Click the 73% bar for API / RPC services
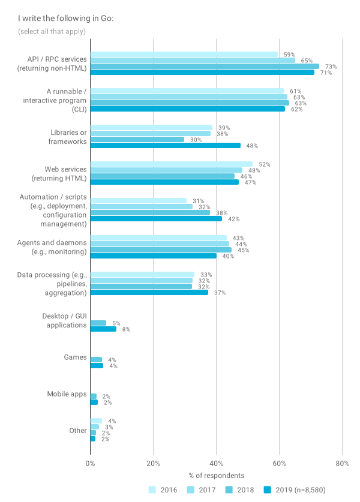click(x=205, y=67)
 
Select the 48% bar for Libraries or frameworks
click(x=165, y=146)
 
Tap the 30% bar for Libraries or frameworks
click(x=137, y=140)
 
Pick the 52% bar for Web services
click(x=172, y=164)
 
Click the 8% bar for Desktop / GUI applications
click(x=103, y=329)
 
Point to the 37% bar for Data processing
click(x=149, y=293)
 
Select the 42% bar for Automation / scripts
click(x=156, y=219)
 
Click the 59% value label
click(x=289, y=55)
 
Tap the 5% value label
click(x=116, y=323)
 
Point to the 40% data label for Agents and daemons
click(x=228, y=256)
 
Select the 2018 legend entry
click(x=242, y=490)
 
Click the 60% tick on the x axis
click(x=279, y=464)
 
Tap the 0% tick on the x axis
click(x=90, y=464)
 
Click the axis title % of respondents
click(x=216, y=476)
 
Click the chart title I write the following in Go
click(x=66, y=19)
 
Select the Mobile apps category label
click(x=67, y=394)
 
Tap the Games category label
click(x=76, y=357)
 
